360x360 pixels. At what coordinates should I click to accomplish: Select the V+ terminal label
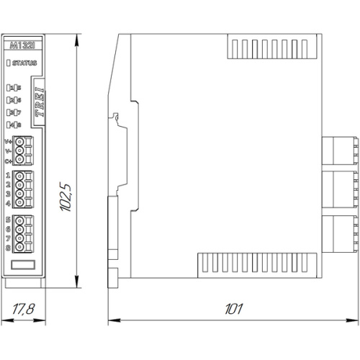pyautogui.click(x=8, y=142)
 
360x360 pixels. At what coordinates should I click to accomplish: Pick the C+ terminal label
pyautogui.click(x=8, y=161)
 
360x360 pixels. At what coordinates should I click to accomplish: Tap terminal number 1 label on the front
pyautogui.click(x=8, y=175)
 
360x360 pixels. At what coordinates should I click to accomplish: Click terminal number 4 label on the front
pyautogui.click(x=8, y=203)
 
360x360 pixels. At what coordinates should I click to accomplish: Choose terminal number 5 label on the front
pyautogui.click(x=8, y=219)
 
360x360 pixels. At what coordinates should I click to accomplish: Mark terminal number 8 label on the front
pyautogui.click(x=8, y=247)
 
